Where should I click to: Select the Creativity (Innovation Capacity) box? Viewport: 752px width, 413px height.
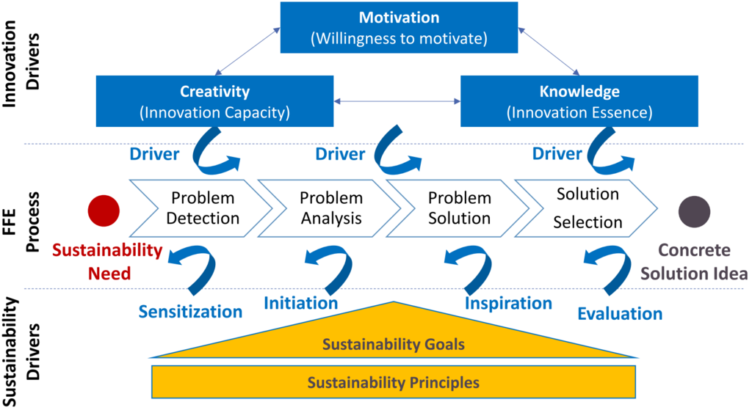point(214,102)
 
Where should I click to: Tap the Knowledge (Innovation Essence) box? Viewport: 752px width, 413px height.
point(579,102)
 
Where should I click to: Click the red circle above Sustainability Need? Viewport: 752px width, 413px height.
point(104,210)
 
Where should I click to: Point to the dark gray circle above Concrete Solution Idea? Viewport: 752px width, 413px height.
point(694,210)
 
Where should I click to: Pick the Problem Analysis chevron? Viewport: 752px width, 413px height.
point(327,208)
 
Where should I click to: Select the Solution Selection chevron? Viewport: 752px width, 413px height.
point(585,208)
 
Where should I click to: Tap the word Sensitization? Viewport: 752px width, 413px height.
point(190,312)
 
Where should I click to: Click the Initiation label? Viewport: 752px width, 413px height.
point(301,303)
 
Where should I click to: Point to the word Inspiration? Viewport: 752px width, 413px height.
point(508,303)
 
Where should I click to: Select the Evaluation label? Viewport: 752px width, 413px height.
point(620,314)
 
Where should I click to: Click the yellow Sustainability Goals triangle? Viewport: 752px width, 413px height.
point(394,341)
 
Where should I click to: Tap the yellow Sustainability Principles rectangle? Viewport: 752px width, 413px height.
point(393,382)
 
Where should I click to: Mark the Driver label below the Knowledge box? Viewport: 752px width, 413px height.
point(557,154)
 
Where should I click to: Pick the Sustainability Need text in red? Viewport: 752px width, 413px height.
point(107,261)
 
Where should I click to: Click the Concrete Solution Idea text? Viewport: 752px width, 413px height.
point(694,261)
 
